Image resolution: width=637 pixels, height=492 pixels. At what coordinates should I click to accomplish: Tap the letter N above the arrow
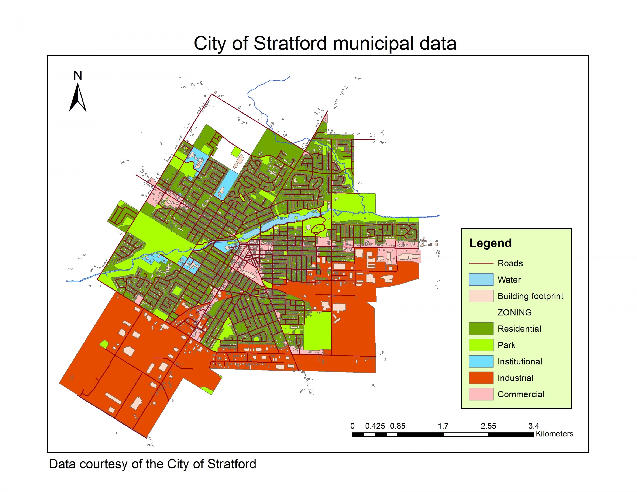pyautogui.click(x=78, y=76)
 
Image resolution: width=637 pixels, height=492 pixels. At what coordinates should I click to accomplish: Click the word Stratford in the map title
pyautogui.click(x=290, y=44)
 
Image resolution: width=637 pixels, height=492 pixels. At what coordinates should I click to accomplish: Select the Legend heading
pyautogui.click(x=490, y=243)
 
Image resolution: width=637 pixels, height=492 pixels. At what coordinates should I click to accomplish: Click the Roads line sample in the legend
pyautogui.click(x=481, y=263)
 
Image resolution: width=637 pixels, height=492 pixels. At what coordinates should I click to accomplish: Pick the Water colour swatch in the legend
pyautogui.click(x=481, y=280)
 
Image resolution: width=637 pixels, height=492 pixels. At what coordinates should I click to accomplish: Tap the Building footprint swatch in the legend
pyautogui.click(x=481, y=296)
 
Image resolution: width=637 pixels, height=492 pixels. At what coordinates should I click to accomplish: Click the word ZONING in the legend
pyautogui.click(x=514, y=312)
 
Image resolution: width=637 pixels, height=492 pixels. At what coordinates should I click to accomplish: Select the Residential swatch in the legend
pyautogui.click(x=481, y=329)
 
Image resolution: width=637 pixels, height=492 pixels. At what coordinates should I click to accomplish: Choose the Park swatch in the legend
pyautogui.click(x=481, y=345)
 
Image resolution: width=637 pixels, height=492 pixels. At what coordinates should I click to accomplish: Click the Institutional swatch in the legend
pyautogui.click(x=481, y=361)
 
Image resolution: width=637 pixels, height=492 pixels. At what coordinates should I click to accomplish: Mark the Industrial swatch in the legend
pyautogui.click(x=481, y=378)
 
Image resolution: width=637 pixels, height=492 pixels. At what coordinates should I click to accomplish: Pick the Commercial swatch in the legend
pyautogui.click(x=481, y=394)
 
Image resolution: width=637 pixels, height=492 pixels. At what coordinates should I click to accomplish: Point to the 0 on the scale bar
pyautogui.click(x=352, y=426)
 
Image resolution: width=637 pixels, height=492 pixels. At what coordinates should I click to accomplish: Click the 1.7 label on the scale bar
pyautogui.click(x=443, y=426)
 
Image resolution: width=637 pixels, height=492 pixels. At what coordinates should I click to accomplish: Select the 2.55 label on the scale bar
pyautogui.click(x=488, y=426)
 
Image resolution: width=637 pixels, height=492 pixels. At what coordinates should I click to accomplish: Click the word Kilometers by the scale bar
pyautogui.click(x=554, y=434)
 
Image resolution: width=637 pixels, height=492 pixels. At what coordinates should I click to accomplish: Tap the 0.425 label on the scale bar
pyautogui.click(x=375, y=426)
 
